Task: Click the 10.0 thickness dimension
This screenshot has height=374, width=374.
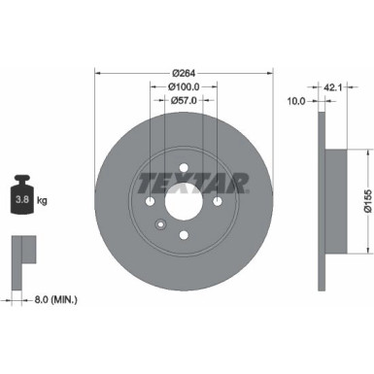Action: [x=297, y=100]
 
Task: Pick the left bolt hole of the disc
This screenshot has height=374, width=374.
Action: [x=149, y=202]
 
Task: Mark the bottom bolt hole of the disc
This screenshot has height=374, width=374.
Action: [x=183, y=236]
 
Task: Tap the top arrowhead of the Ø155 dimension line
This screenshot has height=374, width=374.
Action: [x=368, y=153]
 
